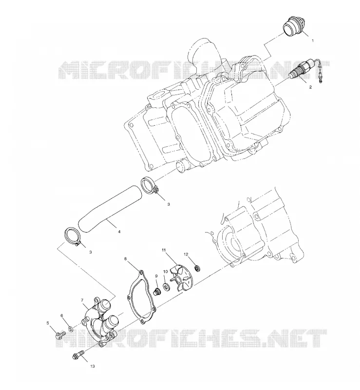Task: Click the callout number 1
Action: point(313,40)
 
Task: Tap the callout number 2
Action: point(310,87)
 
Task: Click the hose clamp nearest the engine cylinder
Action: point(150,187)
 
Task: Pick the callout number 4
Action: point(119,232)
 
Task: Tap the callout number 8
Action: point(126,259)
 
